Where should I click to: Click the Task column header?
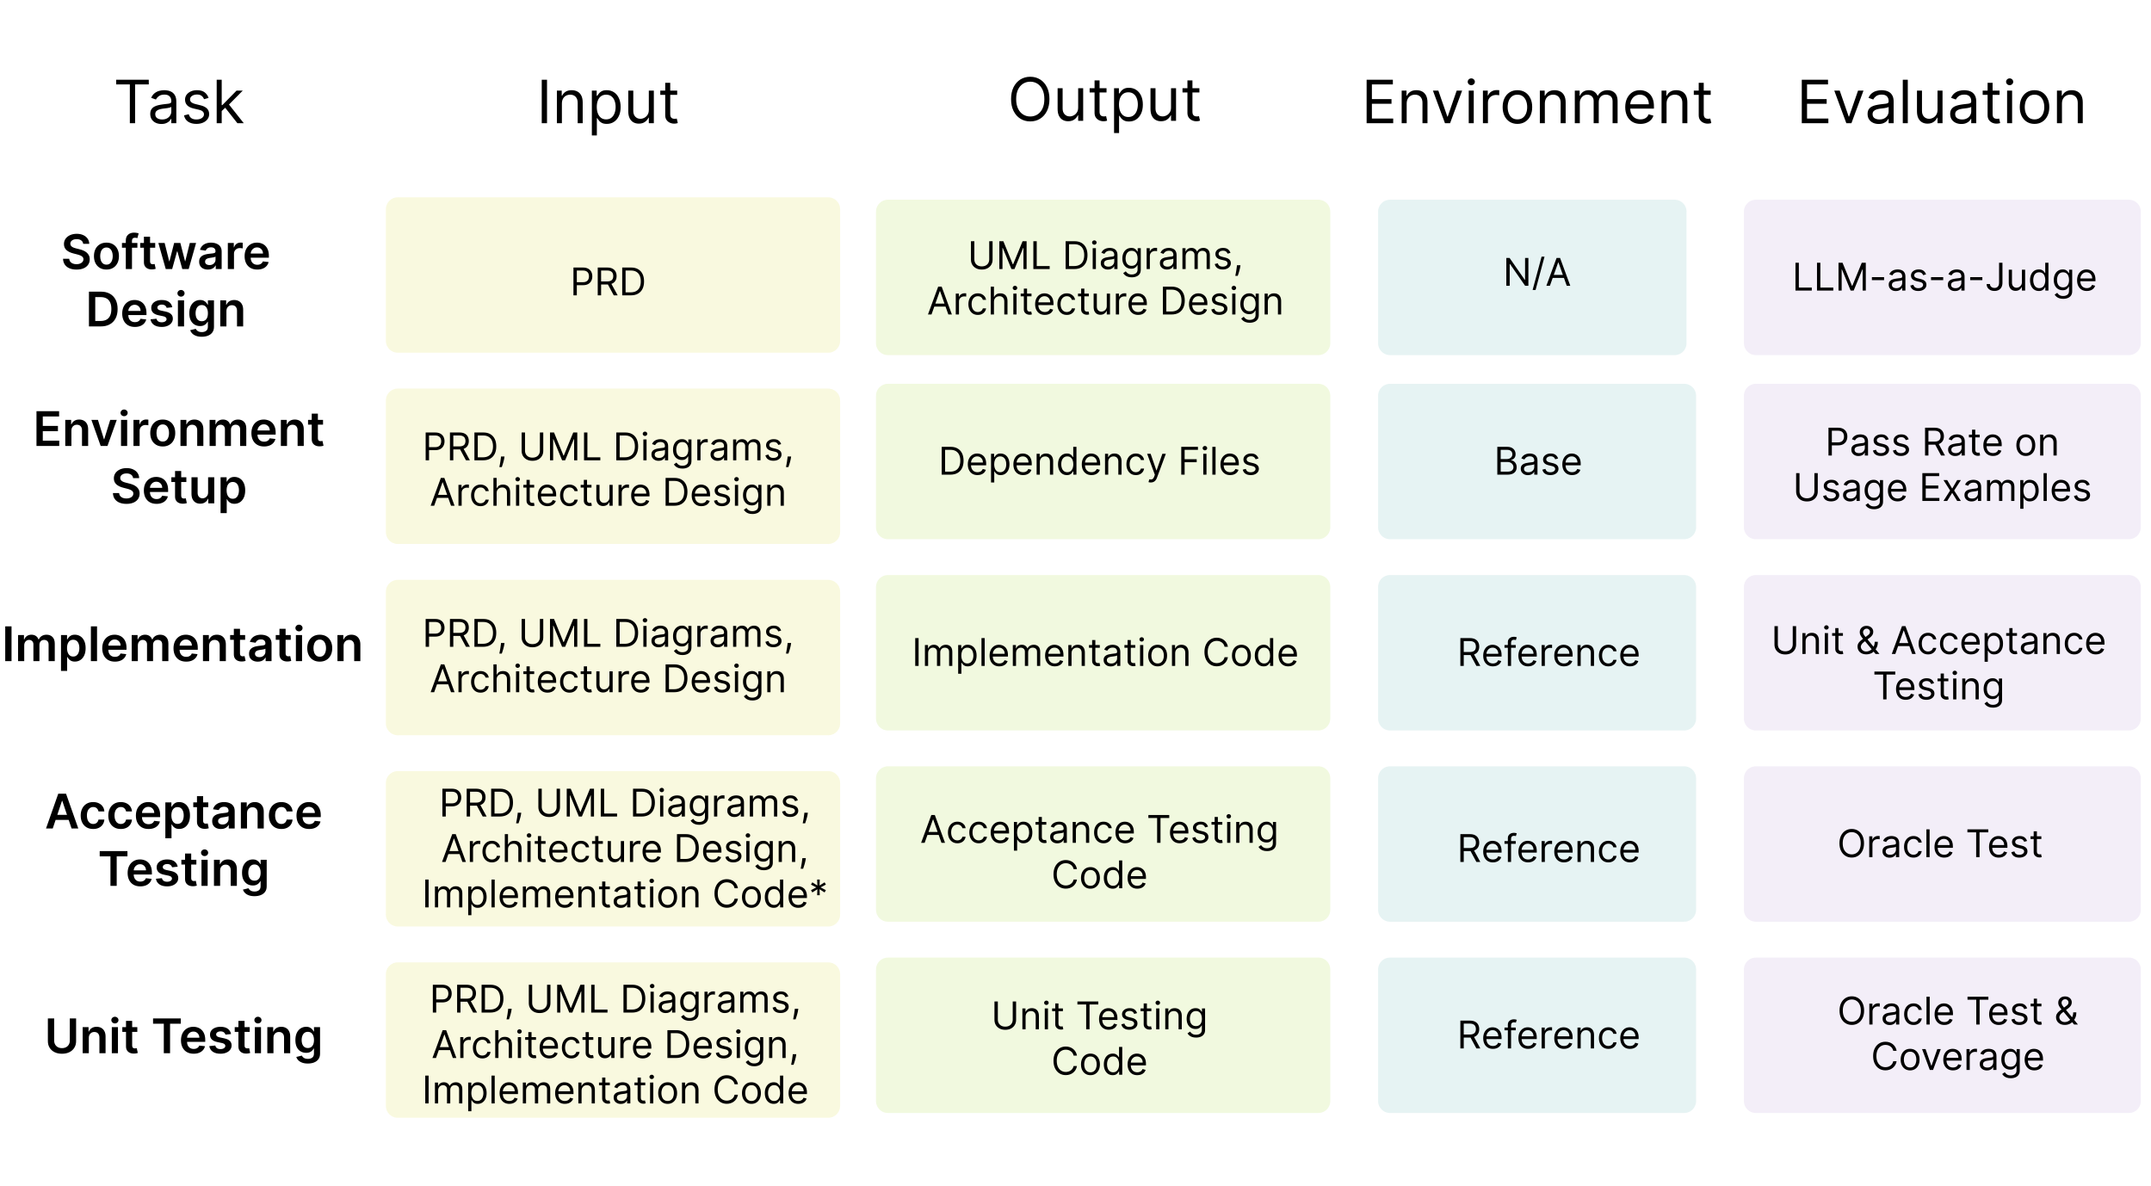pyautogui.click(x=179, y=102)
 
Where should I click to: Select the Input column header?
pyautogui.click(x=608, y=102)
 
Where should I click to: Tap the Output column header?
pyautogui.click(x=1103, y=101)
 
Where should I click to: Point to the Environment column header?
pyautogui.click(x=1536, y=102)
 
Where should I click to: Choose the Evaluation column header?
pyautogui.click(x=1941, y=102)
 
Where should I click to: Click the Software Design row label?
pyautogui.click(x=166, y=281)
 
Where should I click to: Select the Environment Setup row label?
pyautogui.click(x=178, y=458)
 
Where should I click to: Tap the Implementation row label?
pyautogui.click(x=182, y=645)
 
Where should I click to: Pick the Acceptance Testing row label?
pyautogui.click(x=184, y=840)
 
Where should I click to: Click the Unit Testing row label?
pyautogui.click(x=184, y=1036)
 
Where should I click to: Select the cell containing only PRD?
pyautogui.click(x=612, y=275)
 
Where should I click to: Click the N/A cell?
pyautogui.click(x=1531, y=277)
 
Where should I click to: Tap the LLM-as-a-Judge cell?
pyautogui.click(x=1942, y=277)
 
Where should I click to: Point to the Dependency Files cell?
pyautogui.click(x=1103, y=461)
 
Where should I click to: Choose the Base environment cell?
pyautogui.click(x=1536, y=461)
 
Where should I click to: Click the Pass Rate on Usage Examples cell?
pyautogui.click(x=1942, y=461)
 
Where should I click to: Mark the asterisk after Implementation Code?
pyautogui.click(x=818, y=887)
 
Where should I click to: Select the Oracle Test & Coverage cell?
pyautogui.click(x=1942, y=1035)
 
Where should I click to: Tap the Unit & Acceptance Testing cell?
pyautogui.click(x=1942, y=652)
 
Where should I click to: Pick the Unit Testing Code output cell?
pyautogui.click(x=1103, y=1035)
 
